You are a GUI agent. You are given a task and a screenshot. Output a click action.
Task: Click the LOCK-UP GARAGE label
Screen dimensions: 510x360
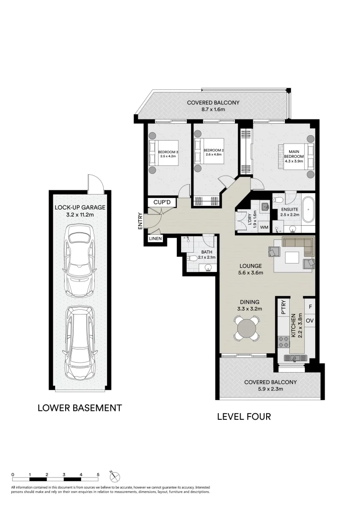pyautogui.click(x=80, y=207)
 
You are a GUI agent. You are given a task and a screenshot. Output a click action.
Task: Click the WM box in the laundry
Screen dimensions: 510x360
pyautogui.click(x=264, y=228)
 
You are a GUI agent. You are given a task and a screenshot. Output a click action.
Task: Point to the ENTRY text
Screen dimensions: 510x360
pyautogui.click(x=140, y=221)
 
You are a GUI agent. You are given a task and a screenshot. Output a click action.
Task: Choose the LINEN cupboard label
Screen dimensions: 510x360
pyautogui.click(x=155, y=239)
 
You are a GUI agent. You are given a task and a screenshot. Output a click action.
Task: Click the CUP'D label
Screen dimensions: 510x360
pyautogui.click(x=162, y=202)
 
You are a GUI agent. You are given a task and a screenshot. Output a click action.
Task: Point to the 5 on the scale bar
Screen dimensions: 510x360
pyautogui.click(x=98, y=474)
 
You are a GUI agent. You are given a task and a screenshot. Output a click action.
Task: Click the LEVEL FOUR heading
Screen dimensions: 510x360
pyautogui.click(x=243, y=416)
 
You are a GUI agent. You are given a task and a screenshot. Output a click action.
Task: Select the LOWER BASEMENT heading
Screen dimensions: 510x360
pyautogui.click(x=80, y=408)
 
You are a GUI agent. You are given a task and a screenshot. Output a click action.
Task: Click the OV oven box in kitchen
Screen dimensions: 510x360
pyautogui.click(x=310, y=321)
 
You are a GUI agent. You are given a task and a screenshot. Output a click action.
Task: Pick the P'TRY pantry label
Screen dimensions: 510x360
pyautogui.click(x=284, y=308)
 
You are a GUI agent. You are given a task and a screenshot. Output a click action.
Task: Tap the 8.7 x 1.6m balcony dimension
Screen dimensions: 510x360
pyautogui.click(x=213, y=110)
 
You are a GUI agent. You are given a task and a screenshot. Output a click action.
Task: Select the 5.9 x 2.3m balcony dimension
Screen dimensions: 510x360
pyautogui.click(x=269, y=390)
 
